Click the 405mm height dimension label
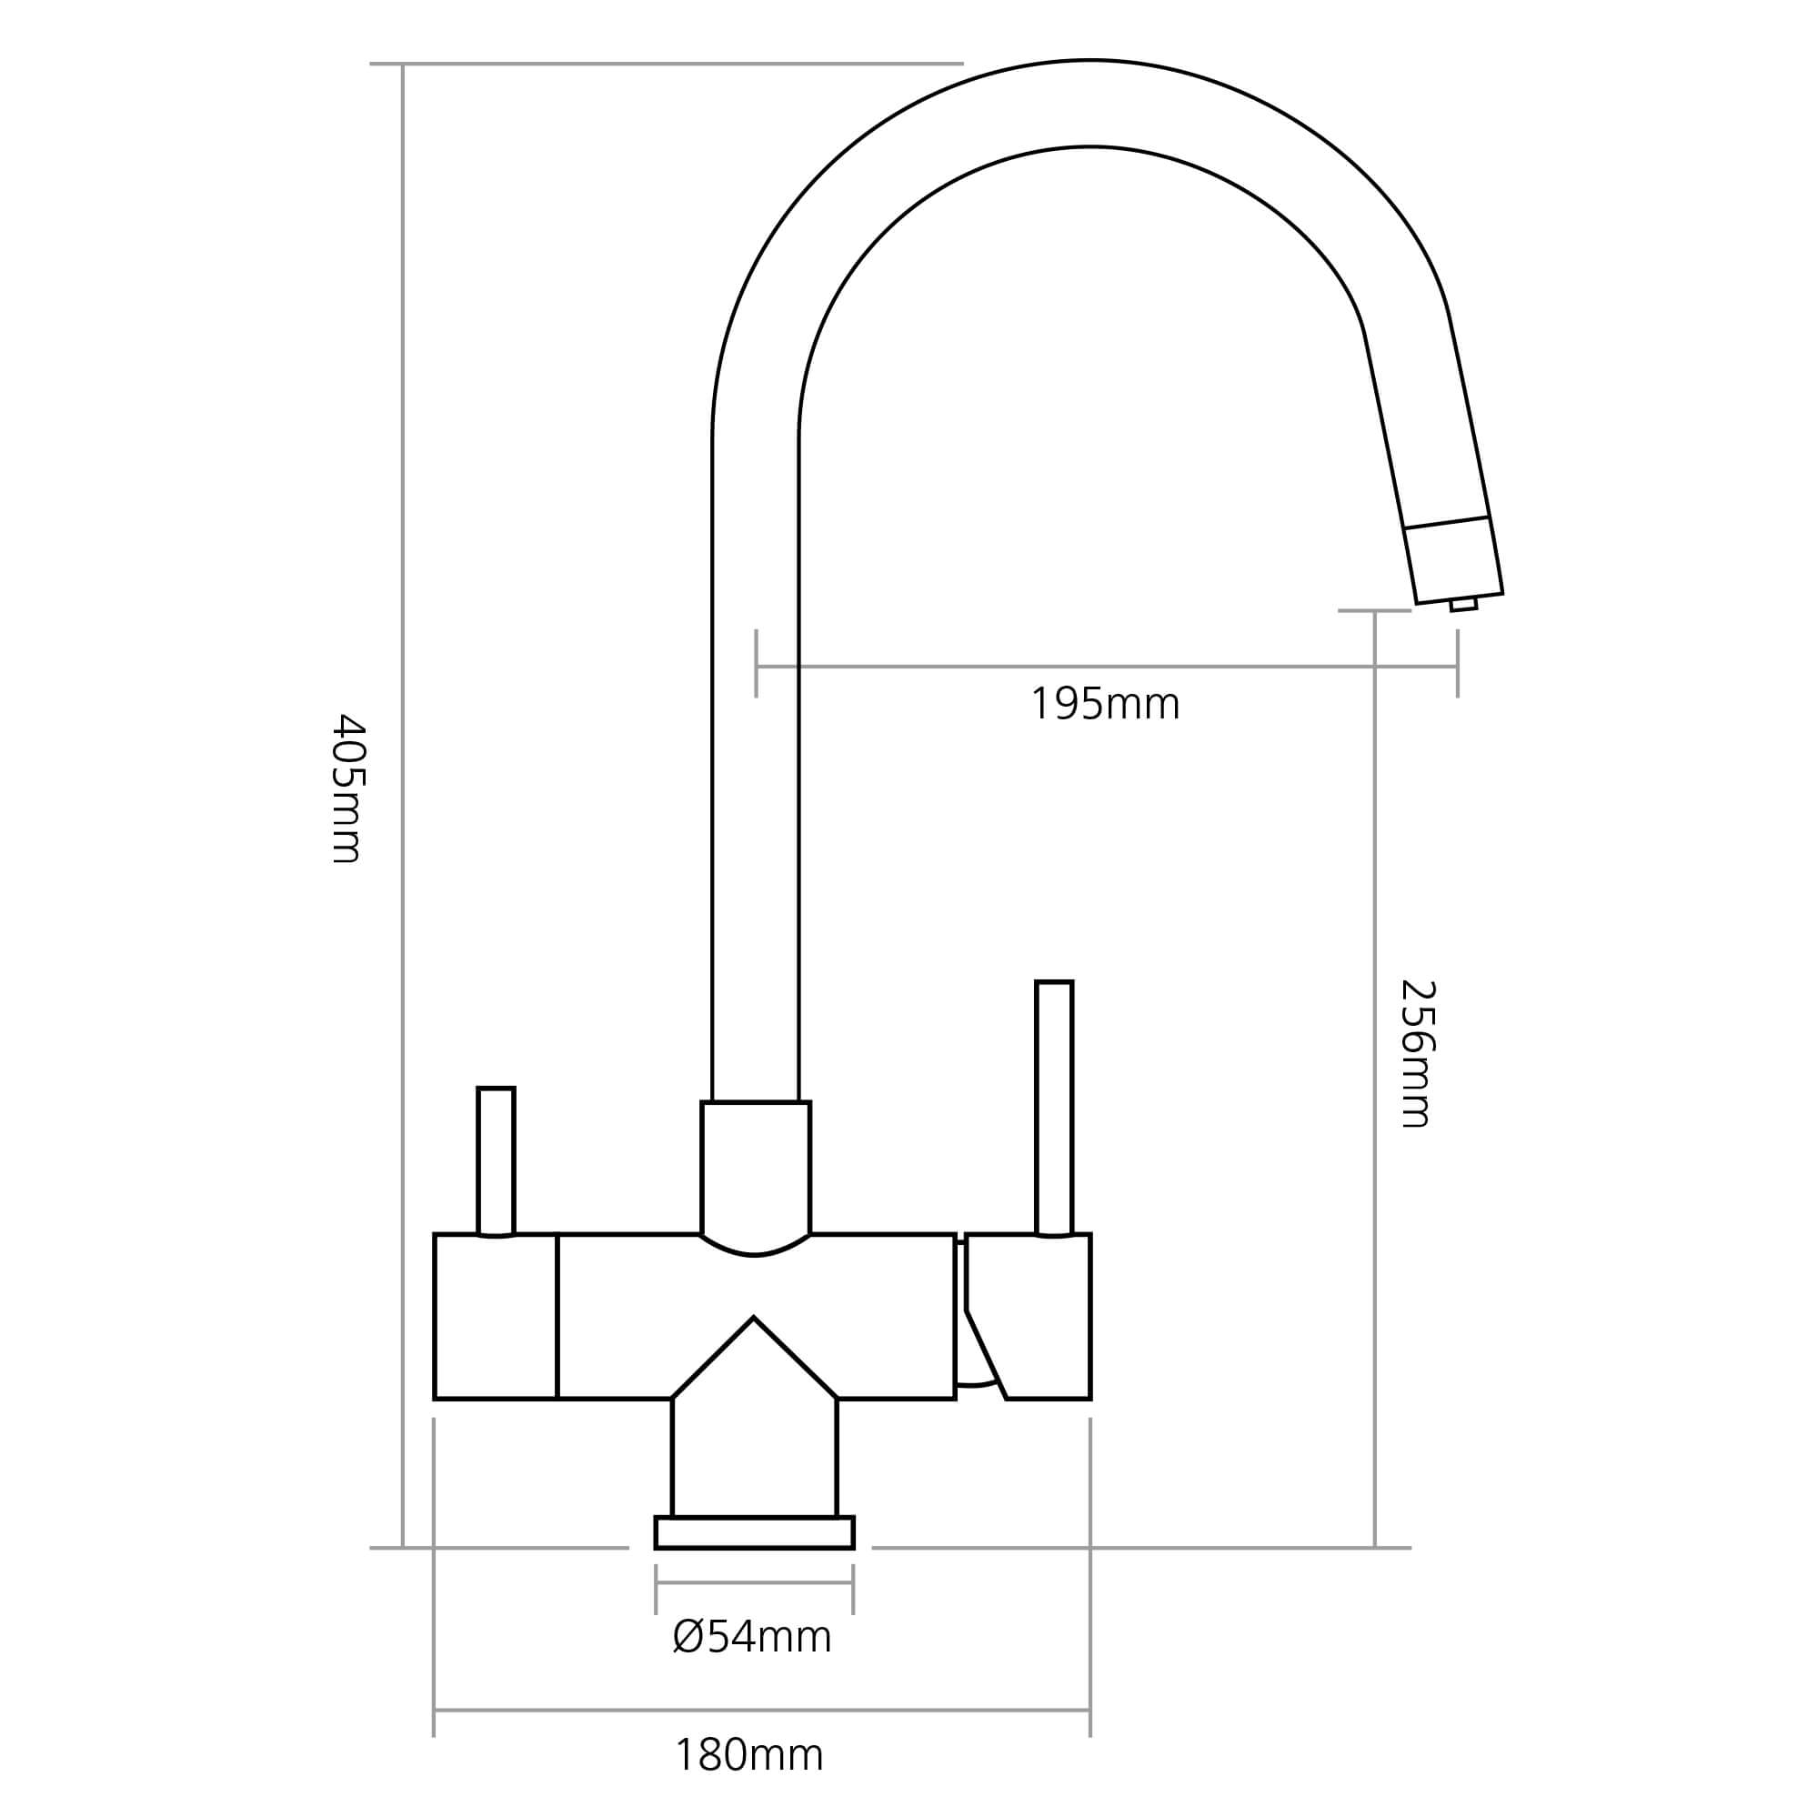[349, 788]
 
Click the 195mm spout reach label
[1104, 705]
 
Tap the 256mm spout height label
[1418, 1054]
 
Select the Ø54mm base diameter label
[751, 1637]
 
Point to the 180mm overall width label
[748, 1756]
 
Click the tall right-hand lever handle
[1054, 1107]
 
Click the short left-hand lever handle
[495, 1160]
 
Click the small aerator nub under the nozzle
[1463, 606]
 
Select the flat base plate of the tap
[754, 1532]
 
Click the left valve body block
[495, 1316]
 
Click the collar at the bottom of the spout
[755, 1168]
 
